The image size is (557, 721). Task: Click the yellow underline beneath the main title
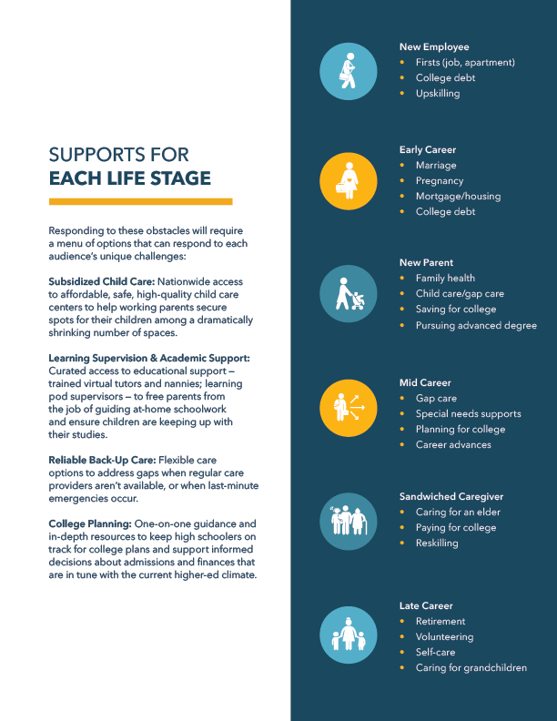tap(140, 201)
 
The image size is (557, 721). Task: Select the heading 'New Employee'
tap(434, 46)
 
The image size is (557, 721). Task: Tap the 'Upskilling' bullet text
tap(438, 94)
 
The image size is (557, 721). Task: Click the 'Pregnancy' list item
tap(440, 181)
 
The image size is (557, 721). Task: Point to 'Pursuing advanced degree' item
tap(476, 325)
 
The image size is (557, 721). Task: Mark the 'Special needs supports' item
tap(467, 413)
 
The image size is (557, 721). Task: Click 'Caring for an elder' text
tap(458, 512)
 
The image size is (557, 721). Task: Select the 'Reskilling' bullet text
tap(437, 543)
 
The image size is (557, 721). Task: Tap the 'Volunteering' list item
tap(444, 637)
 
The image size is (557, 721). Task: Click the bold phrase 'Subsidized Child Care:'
tap(101, 282)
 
